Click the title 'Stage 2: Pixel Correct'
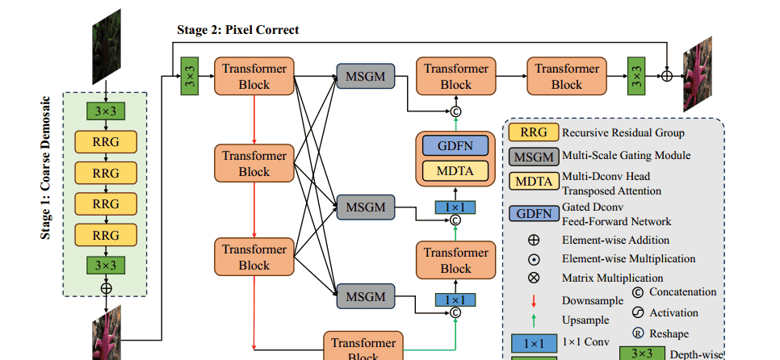(237, 30)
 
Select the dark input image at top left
(106, 47)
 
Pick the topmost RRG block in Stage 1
(106, 142)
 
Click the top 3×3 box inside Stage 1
(106, 111)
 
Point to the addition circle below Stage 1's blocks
(106, 287)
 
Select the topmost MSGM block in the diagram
(366, 77)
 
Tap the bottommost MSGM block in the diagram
(366, 296)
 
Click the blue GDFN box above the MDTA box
(456, 146)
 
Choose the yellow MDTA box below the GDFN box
(456, 170)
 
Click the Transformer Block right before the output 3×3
(566, 77)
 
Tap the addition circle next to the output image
(667, 77)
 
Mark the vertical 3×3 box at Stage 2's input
(191, 77)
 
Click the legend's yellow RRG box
(534, 132)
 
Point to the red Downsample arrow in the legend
(534, 300)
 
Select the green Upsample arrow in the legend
(534, 320)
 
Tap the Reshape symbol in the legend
(637, 332)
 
